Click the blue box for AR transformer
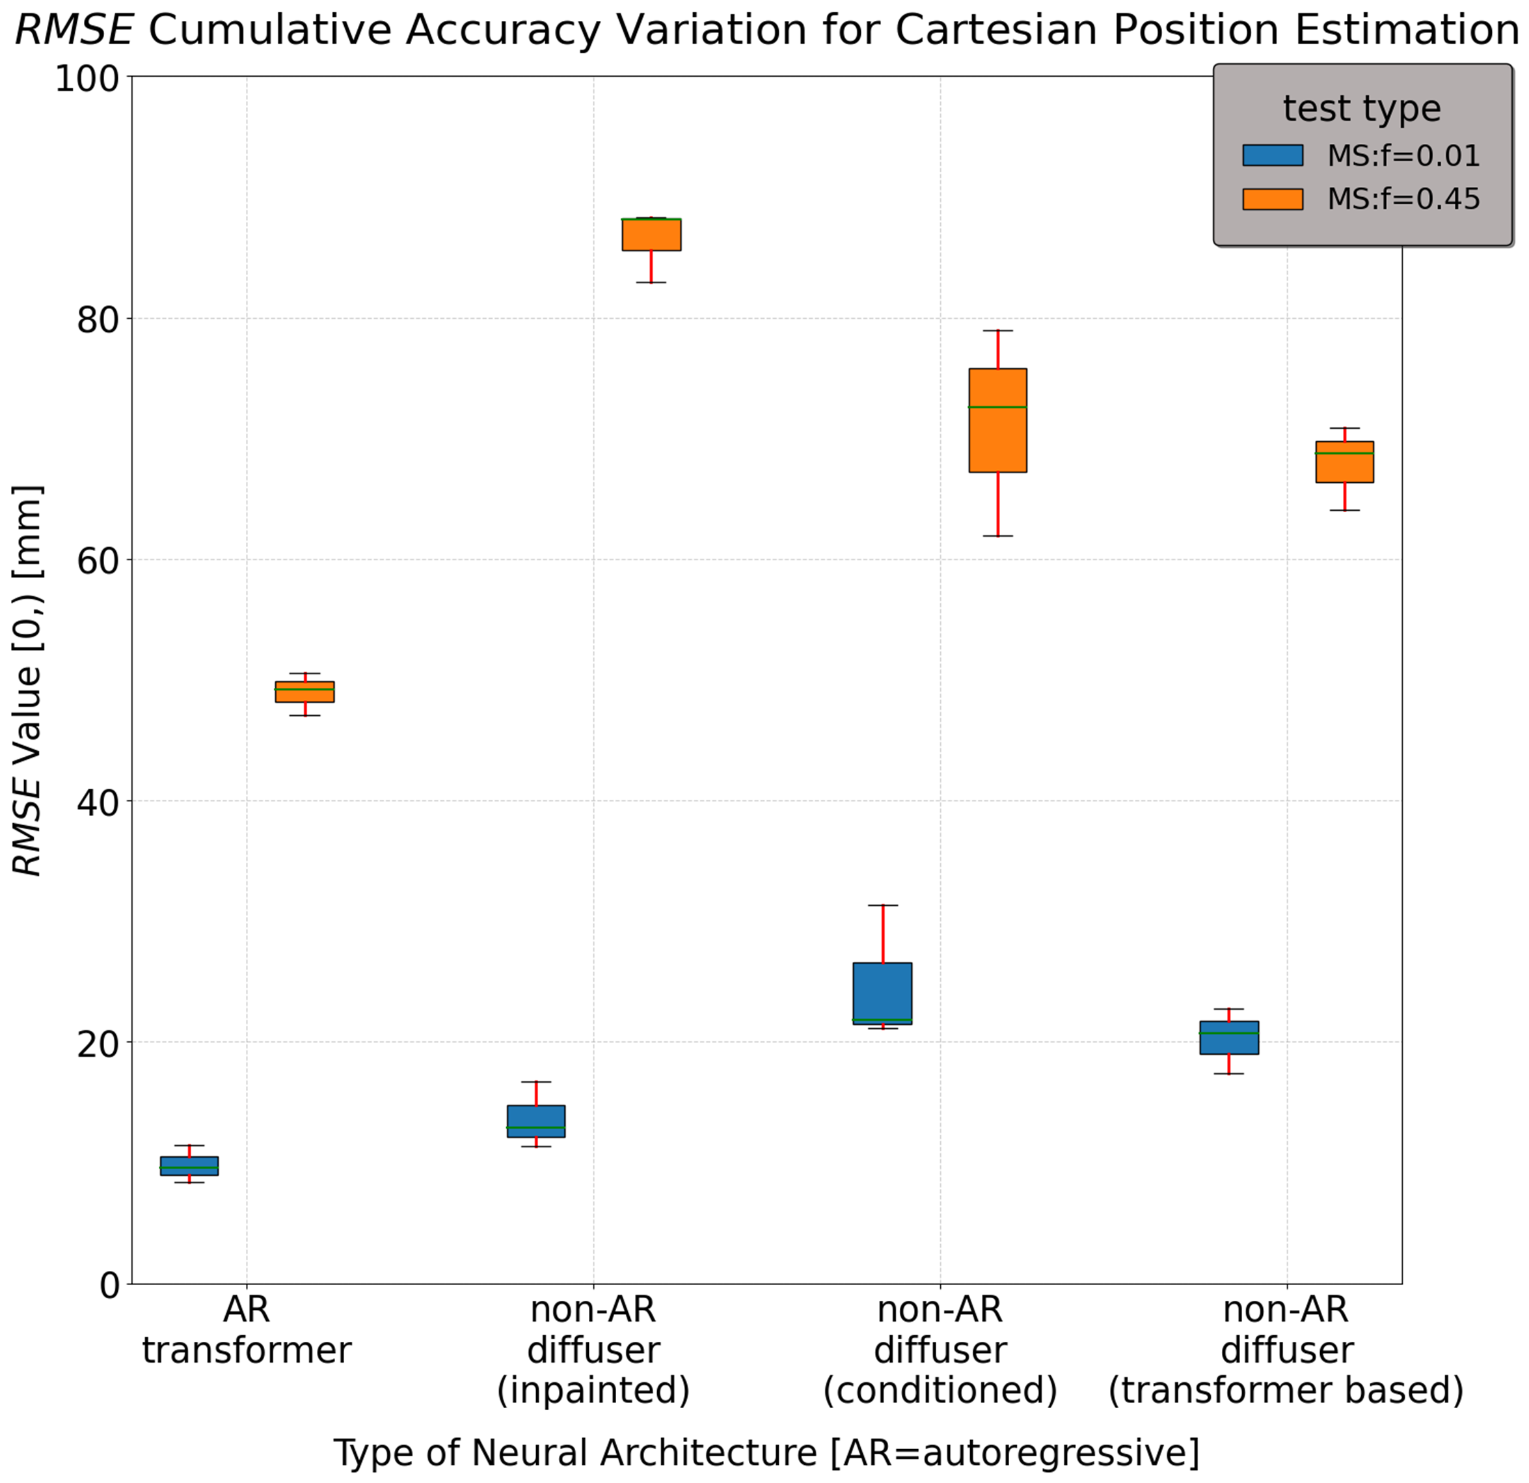(189, 1165)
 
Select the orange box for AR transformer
(304, 692)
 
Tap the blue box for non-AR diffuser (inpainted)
(536, 1121)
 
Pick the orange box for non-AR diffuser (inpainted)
(651, 235)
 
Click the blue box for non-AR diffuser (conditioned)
(882, 993)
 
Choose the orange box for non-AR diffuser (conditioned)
(997, 420)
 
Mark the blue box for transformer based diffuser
(1228, 1037)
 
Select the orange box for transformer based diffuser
(1344, 462)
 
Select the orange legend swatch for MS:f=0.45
(1273, 200)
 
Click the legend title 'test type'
(1361, 109)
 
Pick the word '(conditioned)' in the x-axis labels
(940, 1389)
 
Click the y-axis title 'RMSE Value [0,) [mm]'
(28, 680)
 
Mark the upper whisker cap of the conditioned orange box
(997, 331)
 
